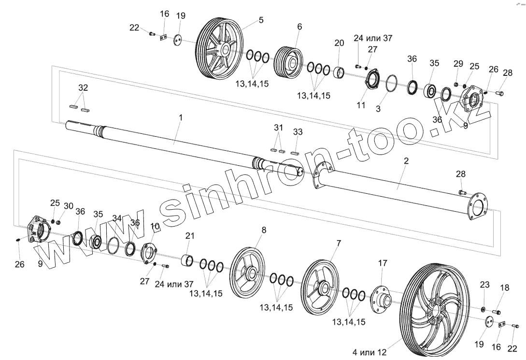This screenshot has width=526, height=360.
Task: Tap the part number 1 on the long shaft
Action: [181, 118]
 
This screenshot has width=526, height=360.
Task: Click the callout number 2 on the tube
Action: [406, 161]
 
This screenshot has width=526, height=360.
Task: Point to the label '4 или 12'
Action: [370, 352]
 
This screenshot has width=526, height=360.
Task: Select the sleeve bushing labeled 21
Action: [187, 260]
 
